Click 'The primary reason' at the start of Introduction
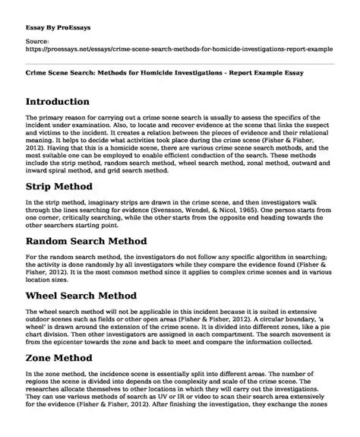(x=54, y=120)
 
